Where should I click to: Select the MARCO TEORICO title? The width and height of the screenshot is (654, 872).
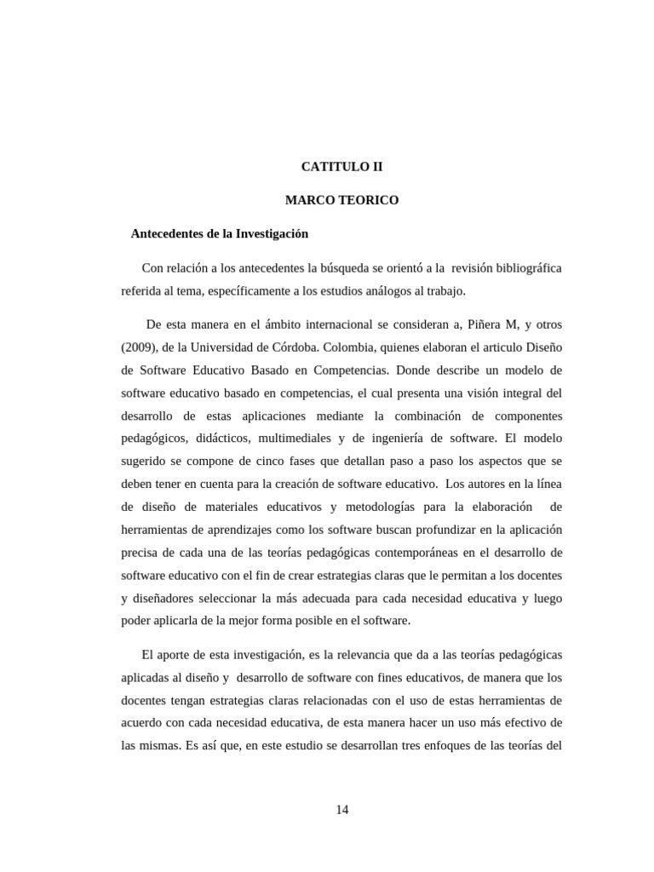pyautogui.click(x=341, y=200)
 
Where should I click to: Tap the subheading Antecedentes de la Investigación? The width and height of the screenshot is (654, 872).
pyautogui.click(x=219, y=232)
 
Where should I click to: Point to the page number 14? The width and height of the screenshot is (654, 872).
pyautogui.click(x=341, y=810)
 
